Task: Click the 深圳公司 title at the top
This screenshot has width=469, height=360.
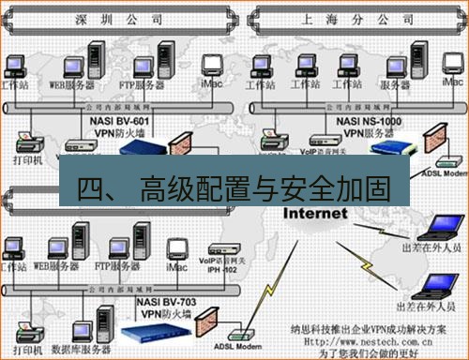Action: pos(110,18)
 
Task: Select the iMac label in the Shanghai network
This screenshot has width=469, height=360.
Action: pos(452,83)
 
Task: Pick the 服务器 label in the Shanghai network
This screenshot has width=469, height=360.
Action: pos(397,84)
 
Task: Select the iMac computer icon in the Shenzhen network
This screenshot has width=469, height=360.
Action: pos(213,65)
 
